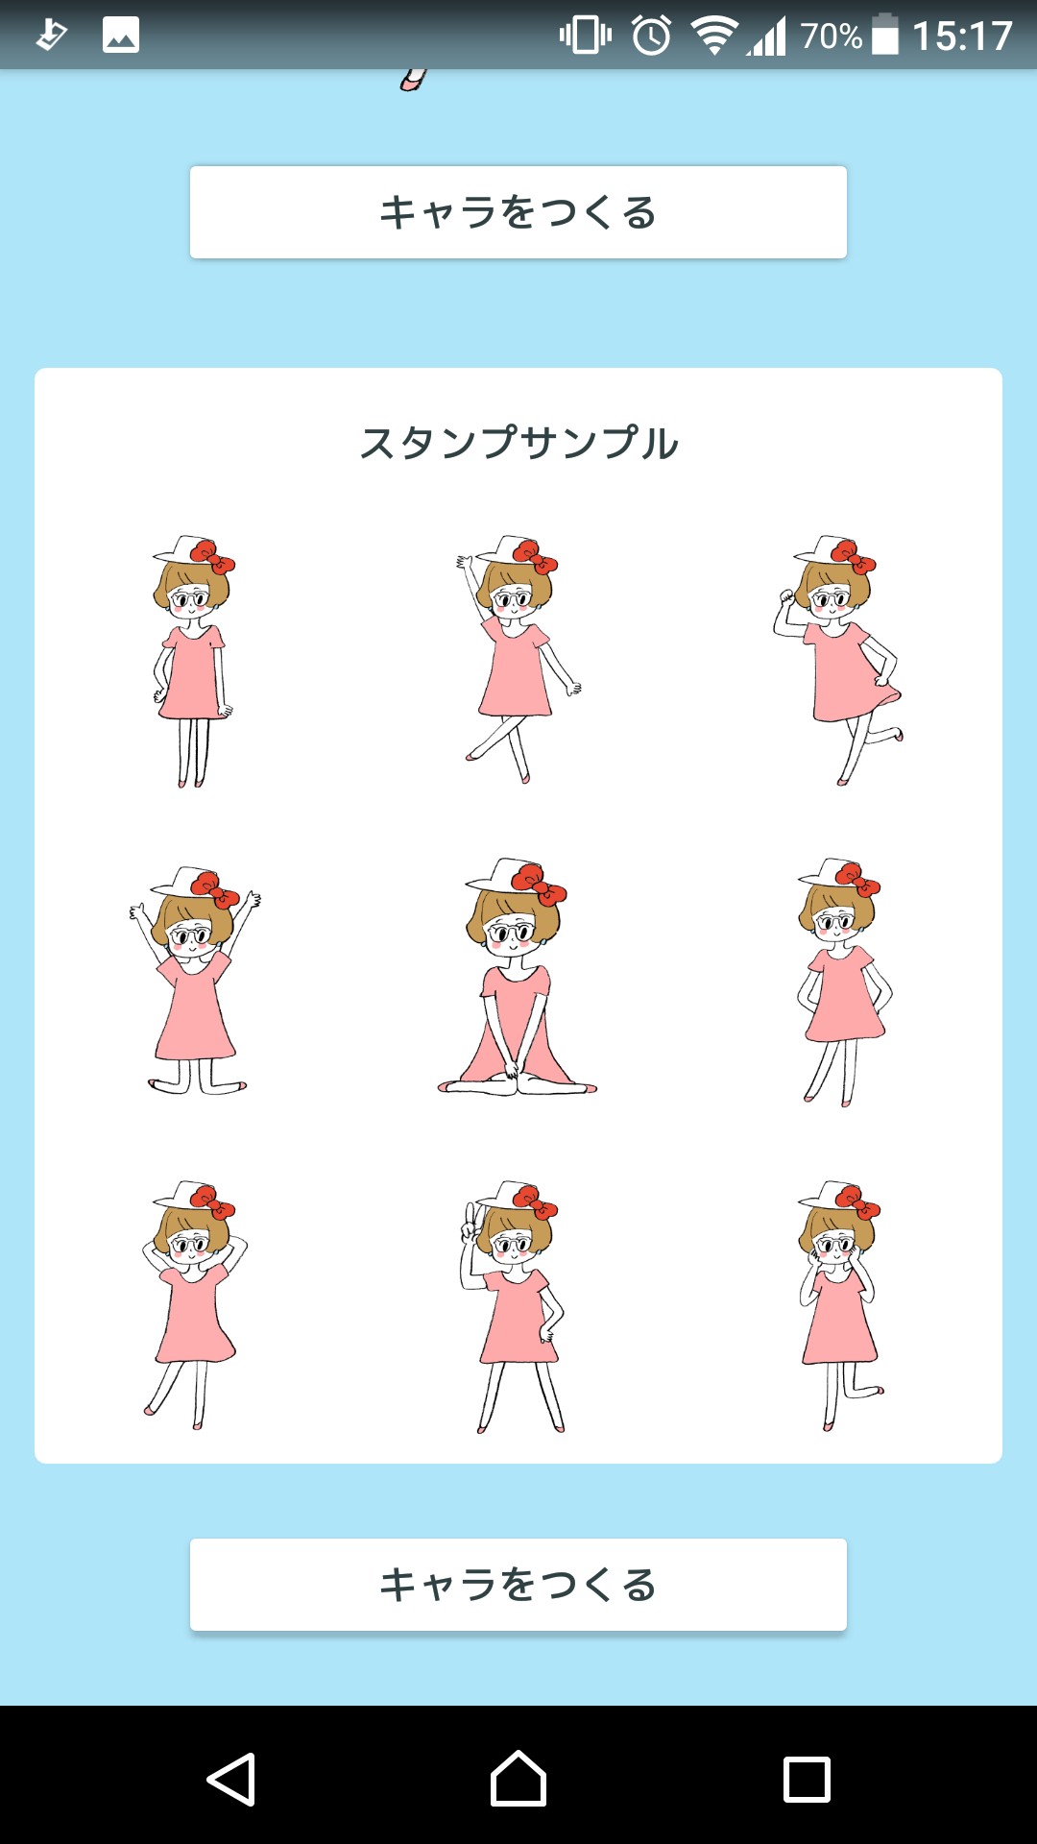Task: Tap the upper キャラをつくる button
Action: pos(518,212)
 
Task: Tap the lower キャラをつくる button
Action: pos(518,1585)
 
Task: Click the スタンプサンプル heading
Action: pos(518,443)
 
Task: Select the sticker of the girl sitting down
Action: pos(518,977)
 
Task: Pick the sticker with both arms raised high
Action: pos(195,982)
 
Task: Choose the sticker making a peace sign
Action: pos(514,1306)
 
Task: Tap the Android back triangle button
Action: pos(231,1780)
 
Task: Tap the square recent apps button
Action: pos(807,1780)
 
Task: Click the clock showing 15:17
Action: pos(962,36)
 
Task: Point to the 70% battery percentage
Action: pos(832,36)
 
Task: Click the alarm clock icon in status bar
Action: pos(652,36)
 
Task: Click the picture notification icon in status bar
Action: pos(121,36)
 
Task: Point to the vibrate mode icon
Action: pos(586,36)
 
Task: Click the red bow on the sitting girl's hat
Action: pos(539,884)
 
